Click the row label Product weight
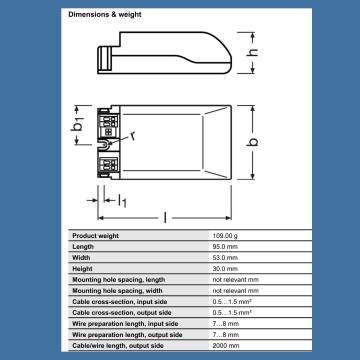point(97,234)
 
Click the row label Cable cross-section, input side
point(125,301)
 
